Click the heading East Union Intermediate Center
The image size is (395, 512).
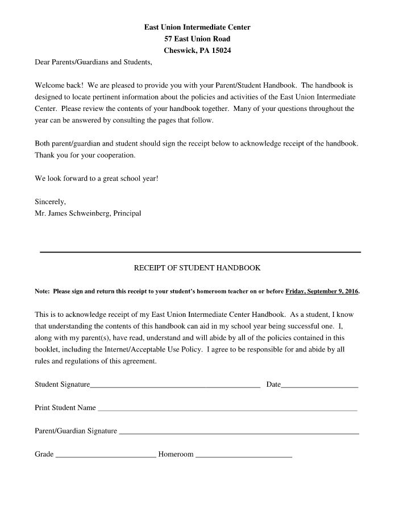[x=197, y=27]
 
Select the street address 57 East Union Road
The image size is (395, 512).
[x=197, y=39]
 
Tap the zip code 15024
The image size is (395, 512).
[x=221, y=51]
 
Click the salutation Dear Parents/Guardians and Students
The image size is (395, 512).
[x=94, y=61]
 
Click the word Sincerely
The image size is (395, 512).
[x=51, y=201]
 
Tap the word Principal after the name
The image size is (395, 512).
[x=127, y=213]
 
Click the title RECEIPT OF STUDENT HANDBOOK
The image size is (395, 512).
[x=197, y=267]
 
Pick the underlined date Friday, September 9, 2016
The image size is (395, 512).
[x=322, y=291]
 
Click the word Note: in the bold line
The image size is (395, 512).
[x=43, y=291]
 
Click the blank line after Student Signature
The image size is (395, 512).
[x=175, y=386]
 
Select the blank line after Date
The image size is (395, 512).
[x=319, y=386]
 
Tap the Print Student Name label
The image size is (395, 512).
[x=65, y=408]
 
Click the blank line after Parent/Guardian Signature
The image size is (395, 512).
[x=239, y=433]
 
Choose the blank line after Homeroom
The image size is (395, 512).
[x=243, y=456]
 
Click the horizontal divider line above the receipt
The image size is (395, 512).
[x=199, y=251]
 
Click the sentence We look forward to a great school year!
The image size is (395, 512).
[x=97, y=178]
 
